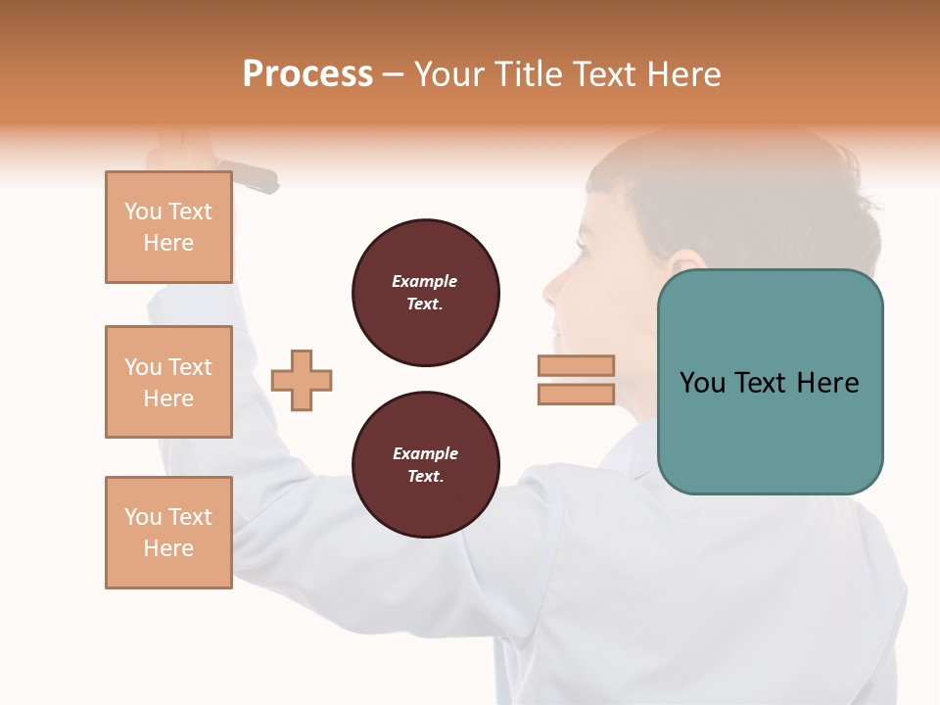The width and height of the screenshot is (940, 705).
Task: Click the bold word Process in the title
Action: point(307,74)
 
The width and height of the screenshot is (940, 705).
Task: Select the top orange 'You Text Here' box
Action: point(168,227)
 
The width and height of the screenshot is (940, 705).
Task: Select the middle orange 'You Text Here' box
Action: point(168,382)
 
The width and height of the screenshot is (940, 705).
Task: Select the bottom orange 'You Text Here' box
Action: point(168,533)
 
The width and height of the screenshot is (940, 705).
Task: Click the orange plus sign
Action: point(302,380)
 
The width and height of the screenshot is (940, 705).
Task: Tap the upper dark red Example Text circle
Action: point(425,293)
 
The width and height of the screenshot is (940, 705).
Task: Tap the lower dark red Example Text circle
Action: point(425,465)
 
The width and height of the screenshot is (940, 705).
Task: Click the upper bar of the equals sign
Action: point(576,365)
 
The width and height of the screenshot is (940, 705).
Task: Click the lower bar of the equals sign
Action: point(576,395)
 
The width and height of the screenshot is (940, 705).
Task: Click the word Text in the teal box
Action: point(763,383)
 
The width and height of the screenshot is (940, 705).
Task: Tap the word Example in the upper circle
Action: point(425,282)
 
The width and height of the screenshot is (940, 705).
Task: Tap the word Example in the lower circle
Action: point(425,454)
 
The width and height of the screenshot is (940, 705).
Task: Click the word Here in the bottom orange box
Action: point(168,548)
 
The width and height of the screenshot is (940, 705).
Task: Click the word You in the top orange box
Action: point(143,211)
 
